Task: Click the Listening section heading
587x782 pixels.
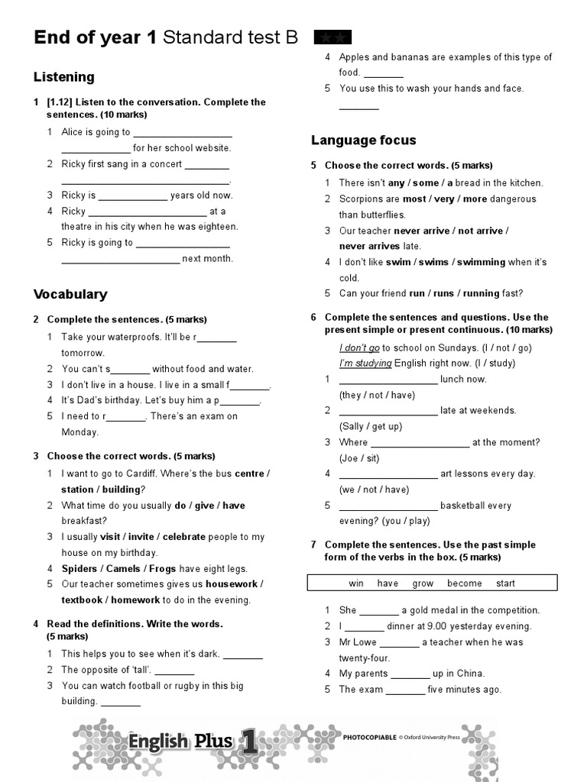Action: [64, 77]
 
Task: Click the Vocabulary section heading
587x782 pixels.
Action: [70, 294]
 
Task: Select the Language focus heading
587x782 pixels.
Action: [363, 140]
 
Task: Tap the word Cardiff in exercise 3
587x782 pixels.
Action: [156, 473]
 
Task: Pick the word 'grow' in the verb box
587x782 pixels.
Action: [423, 583]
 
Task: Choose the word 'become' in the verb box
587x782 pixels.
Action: [465, 583]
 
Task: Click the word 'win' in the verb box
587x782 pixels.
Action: [356, 583]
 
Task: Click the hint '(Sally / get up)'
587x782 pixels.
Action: [371, 427]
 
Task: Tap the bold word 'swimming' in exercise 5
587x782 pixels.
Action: [481, 262]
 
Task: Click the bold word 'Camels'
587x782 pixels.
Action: [123, 569]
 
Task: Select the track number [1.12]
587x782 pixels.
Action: [59, 102]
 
